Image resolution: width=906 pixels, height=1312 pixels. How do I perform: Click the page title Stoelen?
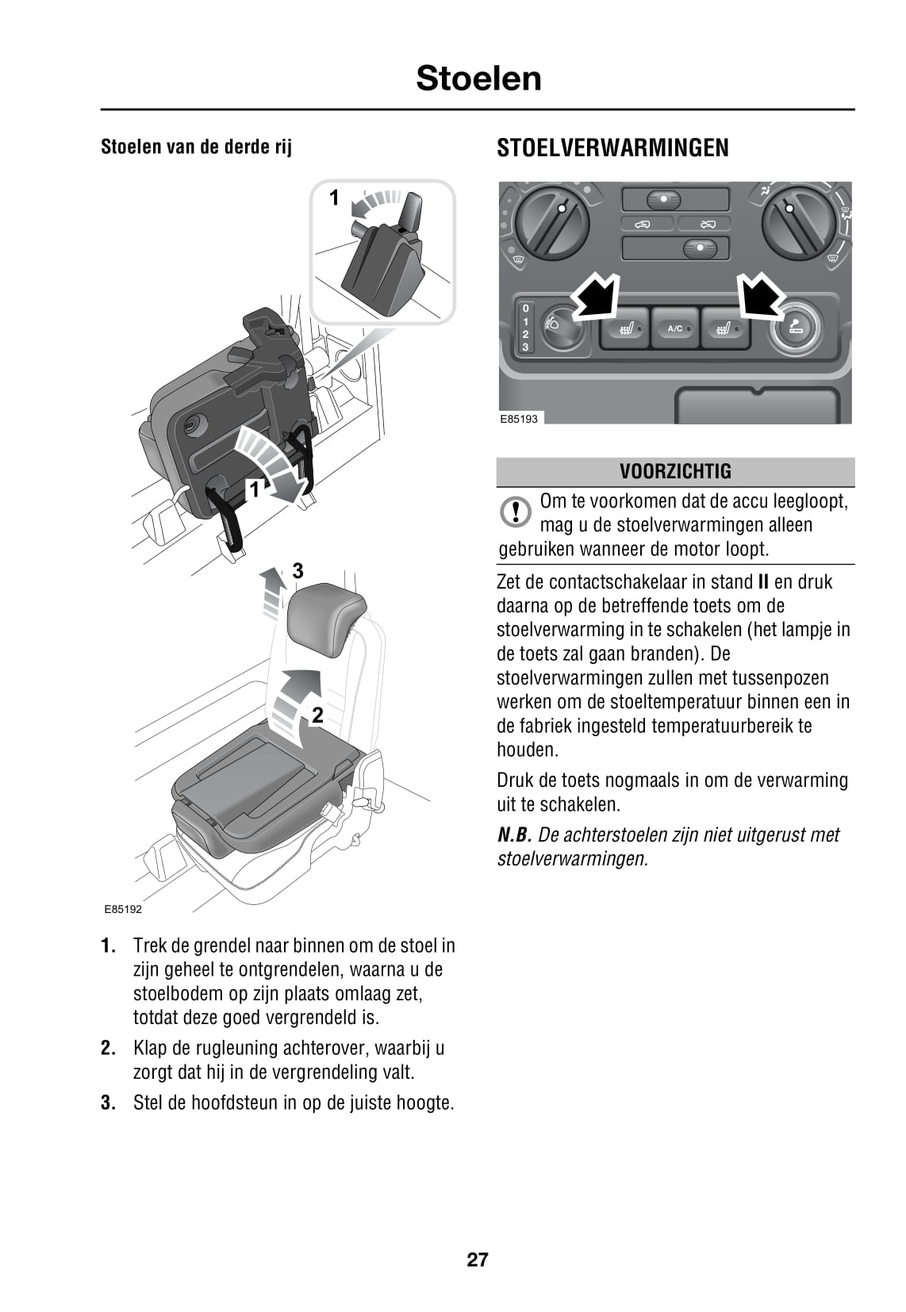click(478, 79)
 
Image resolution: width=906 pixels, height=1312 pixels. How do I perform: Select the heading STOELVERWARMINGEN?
click(612, 148)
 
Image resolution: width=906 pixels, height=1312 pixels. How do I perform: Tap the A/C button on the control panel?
click(675, 328)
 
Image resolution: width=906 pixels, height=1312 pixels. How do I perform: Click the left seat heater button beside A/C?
click(625, 328)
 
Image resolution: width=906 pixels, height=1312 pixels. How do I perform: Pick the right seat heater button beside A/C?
click(724, 328)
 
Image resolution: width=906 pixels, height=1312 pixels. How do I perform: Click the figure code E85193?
click(518, 419)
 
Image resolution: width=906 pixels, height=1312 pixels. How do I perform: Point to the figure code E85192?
click(123, 910)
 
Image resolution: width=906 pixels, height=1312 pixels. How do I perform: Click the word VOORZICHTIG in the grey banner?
click(675, 471)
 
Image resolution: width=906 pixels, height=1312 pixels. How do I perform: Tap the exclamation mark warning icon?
click(516, 512)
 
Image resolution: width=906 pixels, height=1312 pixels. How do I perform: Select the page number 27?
click(477, 1260)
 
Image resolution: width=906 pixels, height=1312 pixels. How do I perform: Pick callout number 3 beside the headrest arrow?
click(298, 570)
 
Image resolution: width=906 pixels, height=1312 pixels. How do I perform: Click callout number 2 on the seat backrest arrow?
click(317, 715)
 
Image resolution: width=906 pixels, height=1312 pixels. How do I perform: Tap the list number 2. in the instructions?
click(109, 1048)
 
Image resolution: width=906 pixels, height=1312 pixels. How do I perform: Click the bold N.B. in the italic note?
click(514, 834)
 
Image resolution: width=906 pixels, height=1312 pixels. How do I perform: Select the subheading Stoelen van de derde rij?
click(196, 147)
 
